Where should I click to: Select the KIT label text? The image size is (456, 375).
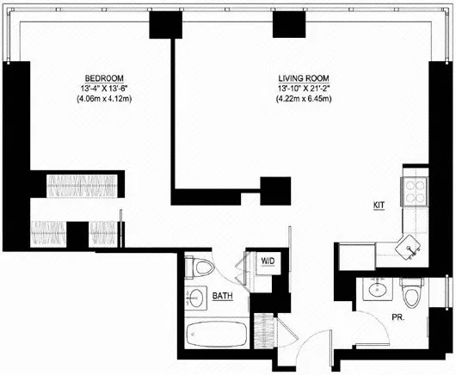point(379,206)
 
